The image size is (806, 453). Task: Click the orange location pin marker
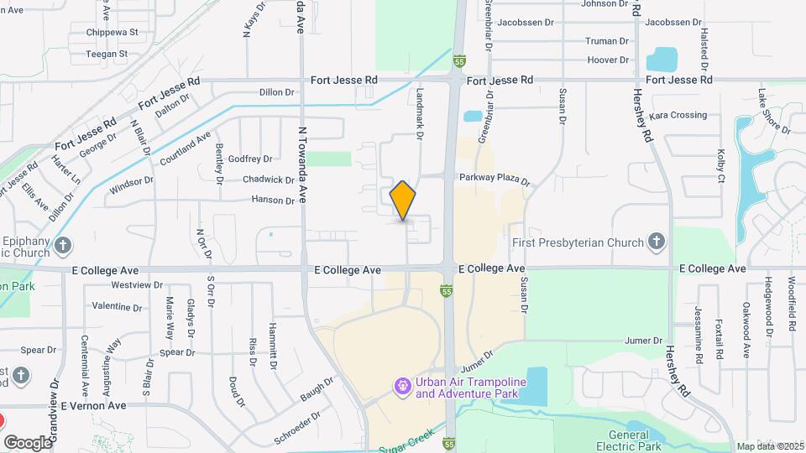(403, 200)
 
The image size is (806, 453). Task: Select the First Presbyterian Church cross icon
(657, 242)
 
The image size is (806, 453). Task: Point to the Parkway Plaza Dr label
(495, 180)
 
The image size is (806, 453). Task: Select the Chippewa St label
(112, 33)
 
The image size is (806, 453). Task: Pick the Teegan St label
(106, 54)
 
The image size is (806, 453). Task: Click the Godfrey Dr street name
(250, 159)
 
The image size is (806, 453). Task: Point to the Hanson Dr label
(274, 200)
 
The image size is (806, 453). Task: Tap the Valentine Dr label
(118, 306)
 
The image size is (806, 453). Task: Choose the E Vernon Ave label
(93, 405)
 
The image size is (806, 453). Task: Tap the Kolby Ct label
(720, 165)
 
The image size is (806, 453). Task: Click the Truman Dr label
(607, 41)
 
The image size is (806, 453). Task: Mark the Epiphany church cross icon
(64, 247)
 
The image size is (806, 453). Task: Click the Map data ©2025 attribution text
(770, 446)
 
